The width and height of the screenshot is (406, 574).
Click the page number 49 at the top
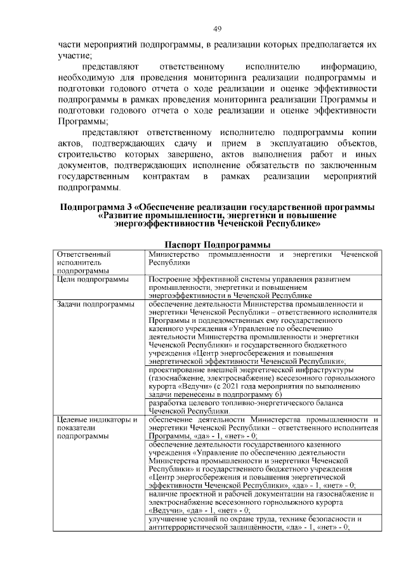tap(216, 29)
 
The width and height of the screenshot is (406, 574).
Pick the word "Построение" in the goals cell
tap(168, 279)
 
